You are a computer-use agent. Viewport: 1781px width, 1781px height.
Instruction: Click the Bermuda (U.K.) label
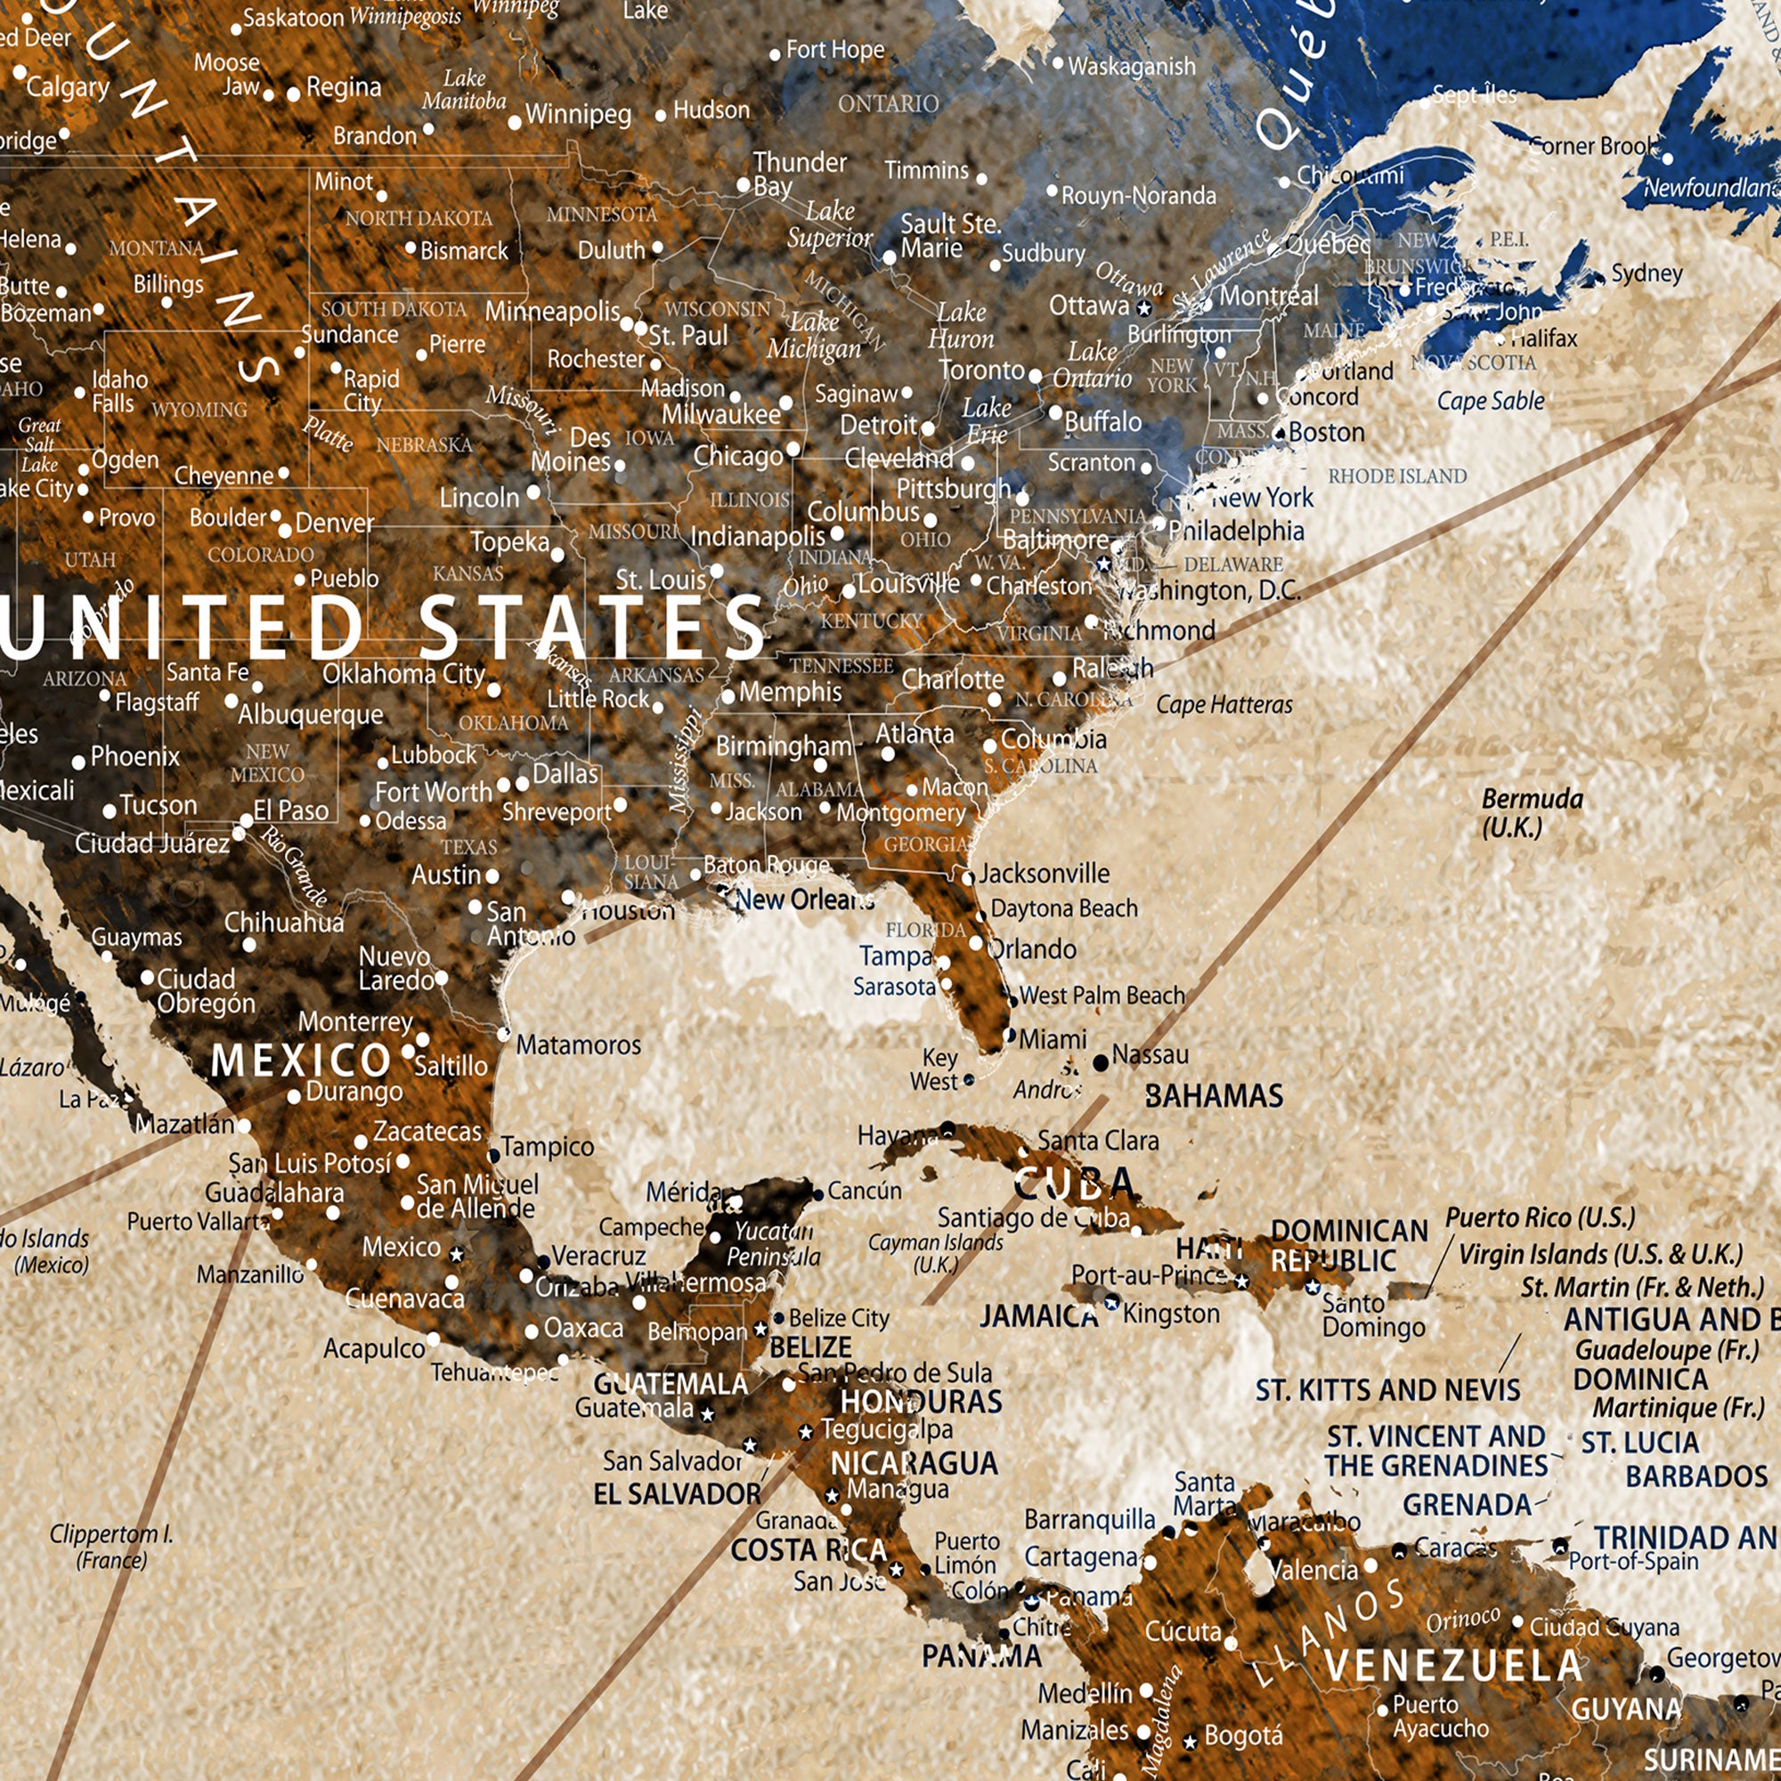(x=1531, y=813)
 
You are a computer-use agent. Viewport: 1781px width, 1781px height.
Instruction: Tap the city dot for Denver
(x=285, y=530)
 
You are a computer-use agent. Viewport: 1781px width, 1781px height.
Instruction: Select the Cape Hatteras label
(x=1224, y=705)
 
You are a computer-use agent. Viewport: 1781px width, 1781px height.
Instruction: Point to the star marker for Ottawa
(x=1144, y=308)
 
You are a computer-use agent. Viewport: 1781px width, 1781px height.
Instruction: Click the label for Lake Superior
(x=829, y=225)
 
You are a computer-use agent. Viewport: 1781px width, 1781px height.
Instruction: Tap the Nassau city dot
(x=1100, y=1063)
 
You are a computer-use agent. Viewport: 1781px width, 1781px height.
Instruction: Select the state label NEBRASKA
(x=424, y=445)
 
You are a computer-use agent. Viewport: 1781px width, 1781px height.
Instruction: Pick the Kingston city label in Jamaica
(x=1171, y=1313)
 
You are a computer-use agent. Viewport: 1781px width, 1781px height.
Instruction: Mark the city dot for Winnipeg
(x=516, y=123)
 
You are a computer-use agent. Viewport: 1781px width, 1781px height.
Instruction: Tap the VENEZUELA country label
(x=1454, y=1666)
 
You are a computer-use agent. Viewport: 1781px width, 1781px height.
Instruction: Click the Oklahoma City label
(x=403, y=674)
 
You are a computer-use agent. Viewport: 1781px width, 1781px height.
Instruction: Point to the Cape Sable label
(x=1490, y=401)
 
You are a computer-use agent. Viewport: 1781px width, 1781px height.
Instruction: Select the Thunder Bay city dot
(x=743, y=185)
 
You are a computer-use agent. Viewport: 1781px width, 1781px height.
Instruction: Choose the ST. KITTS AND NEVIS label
(x=1387, y=1390)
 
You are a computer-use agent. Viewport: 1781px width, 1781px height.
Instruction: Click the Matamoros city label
(x=578, y=1045)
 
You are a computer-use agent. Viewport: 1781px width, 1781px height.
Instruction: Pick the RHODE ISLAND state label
(x=1396, y=476)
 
